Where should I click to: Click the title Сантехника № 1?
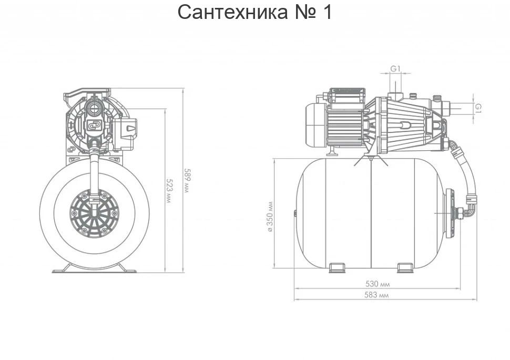coord(254,12)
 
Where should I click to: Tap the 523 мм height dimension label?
coord(169,191)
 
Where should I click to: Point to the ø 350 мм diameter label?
coord(270,217)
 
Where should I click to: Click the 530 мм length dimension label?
coord(378,284)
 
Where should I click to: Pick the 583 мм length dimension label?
coord(376,295)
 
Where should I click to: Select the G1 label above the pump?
coord(395,69)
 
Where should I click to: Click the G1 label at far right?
coord(478,108)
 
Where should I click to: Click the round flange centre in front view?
coord(95,213)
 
